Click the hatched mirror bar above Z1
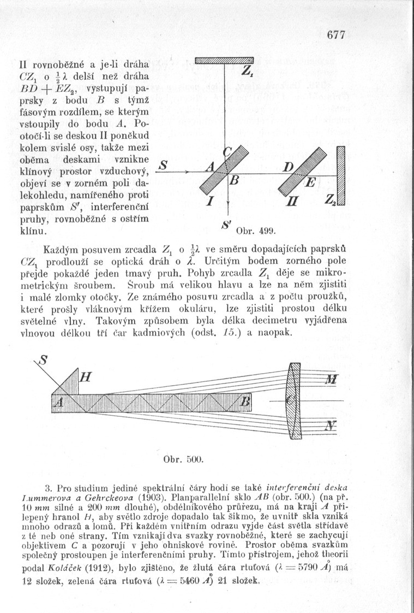(224, 60)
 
